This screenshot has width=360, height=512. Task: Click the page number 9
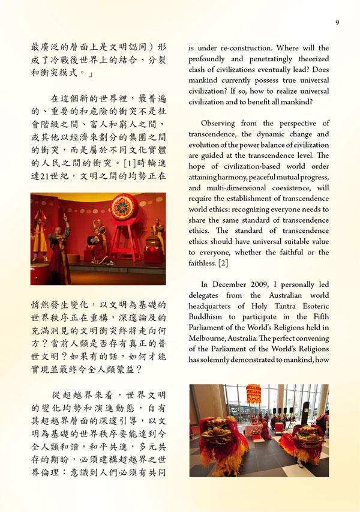[337, 23]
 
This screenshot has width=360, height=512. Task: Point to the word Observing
[221, 124]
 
